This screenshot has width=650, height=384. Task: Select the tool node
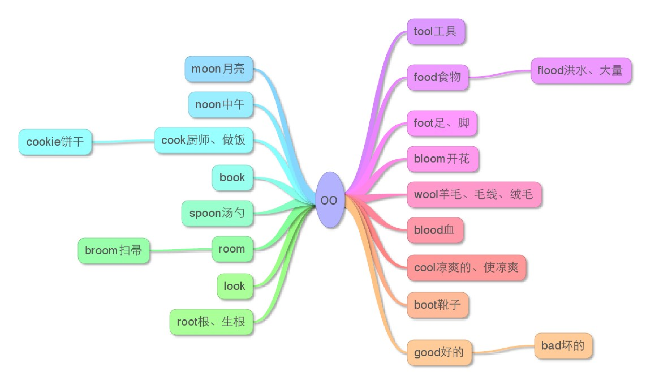click(x=436, y=32)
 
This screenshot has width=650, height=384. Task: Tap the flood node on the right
click(x=581, y=71)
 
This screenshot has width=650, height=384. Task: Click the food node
click(x=437, y=77)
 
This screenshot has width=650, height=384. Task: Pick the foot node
click(x=441, y=123)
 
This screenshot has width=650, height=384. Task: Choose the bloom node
click(x=442, y=159)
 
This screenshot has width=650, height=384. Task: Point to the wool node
click(x=474, y=195)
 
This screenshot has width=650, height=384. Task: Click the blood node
click(x=434, y=230)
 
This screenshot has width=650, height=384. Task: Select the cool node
click(x=466, y=268)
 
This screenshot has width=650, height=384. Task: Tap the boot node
click(x=437, y=305)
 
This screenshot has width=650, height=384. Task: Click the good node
click(x=439, y=352)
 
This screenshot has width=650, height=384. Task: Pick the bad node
click(x=563, y=346)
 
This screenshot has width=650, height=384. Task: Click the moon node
click(x=219, y=69)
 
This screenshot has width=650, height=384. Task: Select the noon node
click(x=220, y=105)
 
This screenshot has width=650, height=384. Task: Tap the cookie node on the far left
click(x=55, y=142)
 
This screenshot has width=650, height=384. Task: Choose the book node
click(x=232, y=178)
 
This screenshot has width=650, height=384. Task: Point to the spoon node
click(x=217, y=213)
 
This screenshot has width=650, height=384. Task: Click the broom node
click(x=113, y=251)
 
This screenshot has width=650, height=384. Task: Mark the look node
click(x=235, y=286)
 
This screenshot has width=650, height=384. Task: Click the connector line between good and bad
click(x=504, y=349)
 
